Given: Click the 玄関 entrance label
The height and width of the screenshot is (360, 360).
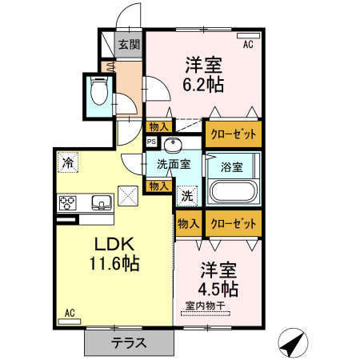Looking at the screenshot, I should (x=130, y=45).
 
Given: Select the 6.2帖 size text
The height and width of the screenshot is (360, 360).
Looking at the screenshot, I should (x=204, y=83).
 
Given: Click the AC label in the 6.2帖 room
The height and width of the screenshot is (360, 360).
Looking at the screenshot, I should (x=248, y=45).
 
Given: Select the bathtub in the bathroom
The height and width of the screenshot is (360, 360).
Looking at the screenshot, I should (x=233, y=194).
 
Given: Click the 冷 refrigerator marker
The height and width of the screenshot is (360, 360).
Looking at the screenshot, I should (x=69, y=163).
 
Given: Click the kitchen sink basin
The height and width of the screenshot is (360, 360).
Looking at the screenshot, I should (x=102, y=202).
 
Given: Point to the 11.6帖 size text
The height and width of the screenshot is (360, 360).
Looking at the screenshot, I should (x=114, y=263).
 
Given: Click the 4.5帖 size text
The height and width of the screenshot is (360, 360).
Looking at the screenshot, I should (x=218, y=288).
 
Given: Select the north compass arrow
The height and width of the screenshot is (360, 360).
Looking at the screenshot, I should (x=294, y=344).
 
